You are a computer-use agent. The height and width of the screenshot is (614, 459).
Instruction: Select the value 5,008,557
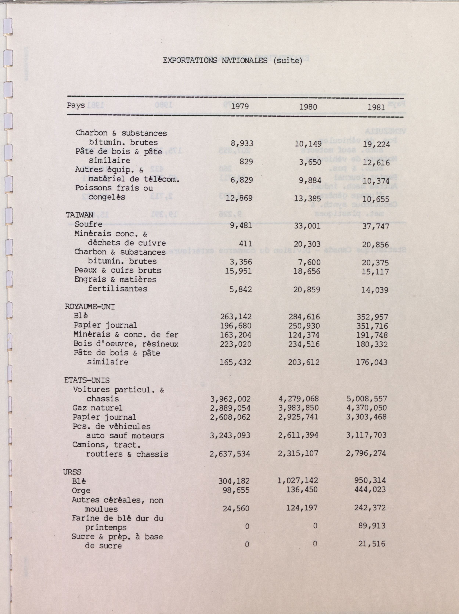(x=367, y=399)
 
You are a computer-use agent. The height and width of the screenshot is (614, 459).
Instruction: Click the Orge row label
(x=81, y=490)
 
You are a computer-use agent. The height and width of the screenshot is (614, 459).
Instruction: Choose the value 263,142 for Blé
(x=236, y=316)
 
